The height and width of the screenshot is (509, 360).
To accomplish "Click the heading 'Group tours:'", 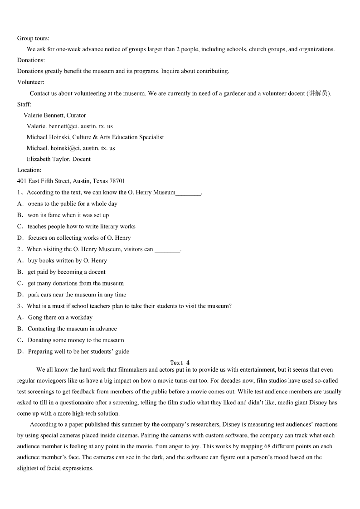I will coord(33,39).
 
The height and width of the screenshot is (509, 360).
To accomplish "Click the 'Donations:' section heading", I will coord(31,60).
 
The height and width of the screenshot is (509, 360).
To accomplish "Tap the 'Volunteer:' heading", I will coord(30,82).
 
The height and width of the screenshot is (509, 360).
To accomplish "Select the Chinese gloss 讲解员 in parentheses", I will coord(318,93).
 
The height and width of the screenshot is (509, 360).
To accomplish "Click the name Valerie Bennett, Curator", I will coord(54,115).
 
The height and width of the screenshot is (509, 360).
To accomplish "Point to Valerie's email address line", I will coord(69,126).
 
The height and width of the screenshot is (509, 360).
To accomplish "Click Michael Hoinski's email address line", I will coord(71,148).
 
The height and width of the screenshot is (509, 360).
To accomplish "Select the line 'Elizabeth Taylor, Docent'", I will coord(58,159).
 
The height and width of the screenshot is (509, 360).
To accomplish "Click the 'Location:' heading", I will coord(29,170).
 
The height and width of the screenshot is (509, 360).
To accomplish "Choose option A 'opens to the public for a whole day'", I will coord(73,204).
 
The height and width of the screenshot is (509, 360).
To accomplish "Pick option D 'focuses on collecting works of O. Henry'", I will coord(79,238).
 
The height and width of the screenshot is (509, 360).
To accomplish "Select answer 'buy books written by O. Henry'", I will coord(67,261).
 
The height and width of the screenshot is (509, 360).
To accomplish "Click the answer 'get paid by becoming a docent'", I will coord(66,272).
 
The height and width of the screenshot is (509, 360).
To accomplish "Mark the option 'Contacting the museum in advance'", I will coord(72,329).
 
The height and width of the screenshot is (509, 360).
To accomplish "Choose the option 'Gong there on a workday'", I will coord(60,318).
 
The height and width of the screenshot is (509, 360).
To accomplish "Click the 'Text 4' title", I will coord(180,363).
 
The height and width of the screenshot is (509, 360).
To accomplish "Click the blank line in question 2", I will coord(167,249).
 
